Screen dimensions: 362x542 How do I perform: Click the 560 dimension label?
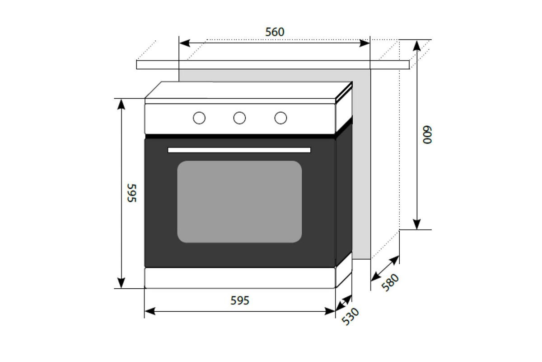pyautogui.click(x=275, y=32)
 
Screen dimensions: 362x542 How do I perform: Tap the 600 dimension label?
pyautogui.click(x=427, y=134)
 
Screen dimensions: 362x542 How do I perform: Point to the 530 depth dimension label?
pyautogui.click(x=350, y=316)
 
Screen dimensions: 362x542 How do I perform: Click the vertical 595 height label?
pyautogui.click(x=131, y=193)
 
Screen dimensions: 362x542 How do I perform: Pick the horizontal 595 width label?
pyautogui.click(x=240, y=300)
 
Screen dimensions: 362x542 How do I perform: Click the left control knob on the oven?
pyautogui.click(x=199, y=118)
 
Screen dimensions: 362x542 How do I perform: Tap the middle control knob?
pyautogui.click(x=239, y=118)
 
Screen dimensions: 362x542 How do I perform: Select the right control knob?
pyautogui.click(x=280, y=118)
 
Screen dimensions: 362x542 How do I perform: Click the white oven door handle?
pyautogui.click(x=239, y=150)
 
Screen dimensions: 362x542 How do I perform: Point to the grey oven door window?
pyautogui.click(x=239, y=202)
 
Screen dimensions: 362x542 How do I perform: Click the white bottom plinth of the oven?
pyautogui.click(x=239, y=277)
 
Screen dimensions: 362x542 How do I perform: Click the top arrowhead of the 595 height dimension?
pyautogui.click(x=121, y=104)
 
